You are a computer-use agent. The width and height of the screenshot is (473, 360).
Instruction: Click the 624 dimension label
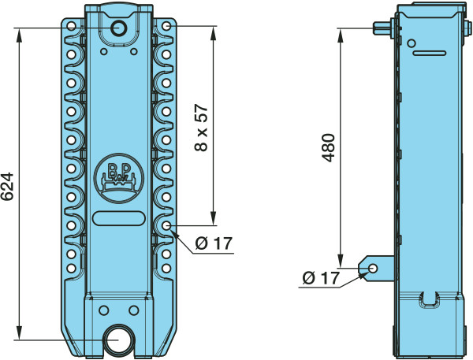click(x=7, y=187)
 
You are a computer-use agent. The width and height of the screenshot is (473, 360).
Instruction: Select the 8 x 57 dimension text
click(x=202, y=128)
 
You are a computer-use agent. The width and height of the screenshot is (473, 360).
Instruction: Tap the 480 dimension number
click(x=328, y=148)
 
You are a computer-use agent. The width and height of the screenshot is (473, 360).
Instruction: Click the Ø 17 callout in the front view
click(x=214, y=243)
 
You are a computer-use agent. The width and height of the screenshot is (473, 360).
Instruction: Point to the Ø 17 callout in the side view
click(x=321, y=278)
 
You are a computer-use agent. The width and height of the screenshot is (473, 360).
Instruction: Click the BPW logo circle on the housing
click(x=119, y=178)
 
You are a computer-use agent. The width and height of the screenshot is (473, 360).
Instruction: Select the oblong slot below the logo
click(x=119, y=218)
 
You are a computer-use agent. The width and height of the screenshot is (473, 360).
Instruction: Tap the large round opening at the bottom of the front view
click(x=118, y=340)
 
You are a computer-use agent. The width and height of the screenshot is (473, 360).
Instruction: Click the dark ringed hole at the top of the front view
click(x=119, y=28)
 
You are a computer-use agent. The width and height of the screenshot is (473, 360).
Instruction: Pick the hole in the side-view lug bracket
click(x=373, y=269)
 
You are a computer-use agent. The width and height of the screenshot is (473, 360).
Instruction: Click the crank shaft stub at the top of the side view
click(x=382, y=28)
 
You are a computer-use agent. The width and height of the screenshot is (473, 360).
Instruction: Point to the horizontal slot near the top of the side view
click(x=430, y=54)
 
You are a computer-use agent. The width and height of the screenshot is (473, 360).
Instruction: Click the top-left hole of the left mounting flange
click(x=71, y=26)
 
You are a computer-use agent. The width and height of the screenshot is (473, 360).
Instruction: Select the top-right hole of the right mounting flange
click(x=166, y=26)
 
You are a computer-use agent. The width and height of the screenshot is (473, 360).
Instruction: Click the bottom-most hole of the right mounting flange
click(x=166, y=268)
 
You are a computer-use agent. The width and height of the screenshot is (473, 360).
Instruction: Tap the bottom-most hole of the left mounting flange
click(x=71, y=268)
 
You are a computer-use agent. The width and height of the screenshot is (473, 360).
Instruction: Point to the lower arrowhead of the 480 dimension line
click(x=341, y=261)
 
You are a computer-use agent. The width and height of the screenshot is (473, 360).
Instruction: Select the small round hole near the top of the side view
click(x=412, y=43)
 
